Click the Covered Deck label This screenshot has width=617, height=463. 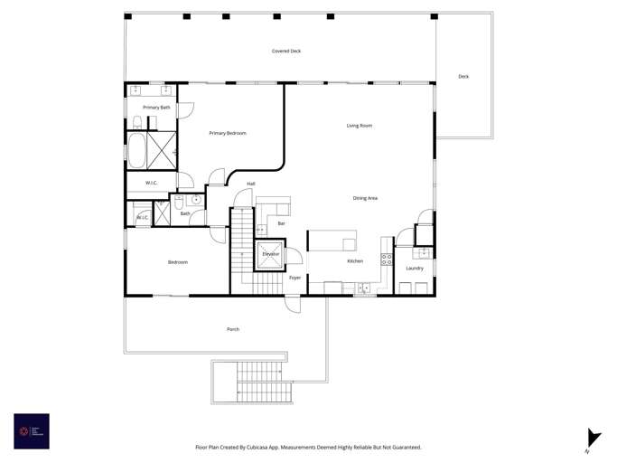click(x=286, y=52)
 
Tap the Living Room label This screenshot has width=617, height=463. click(x=359, y=126)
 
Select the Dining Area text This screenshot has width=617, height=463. click(x=365, y=198)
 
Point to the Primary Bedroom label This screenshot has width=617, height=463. click(x=228, y=133)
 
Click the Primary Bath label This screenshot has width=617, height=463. click(x=156, y=108)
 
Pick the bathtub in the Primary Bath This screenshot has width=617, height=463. click(x=136, y=151)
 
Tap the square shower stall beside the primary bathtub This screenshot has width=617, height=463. click(x=162, y=151)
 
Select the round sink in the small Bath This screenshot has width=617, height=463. click(x=196, y=200)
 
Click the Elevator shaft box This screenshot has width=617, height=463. click(x=271, y=254)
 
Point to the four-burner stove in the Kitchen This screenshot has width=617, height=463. click(x=387, y=260)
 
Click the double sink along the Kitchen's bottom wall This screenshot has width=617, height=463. click(x=364, y=288)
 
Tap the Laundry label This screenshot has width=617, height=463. click(x=415, y=269)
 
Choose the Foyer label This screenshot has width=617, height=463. click(x=294, y=278)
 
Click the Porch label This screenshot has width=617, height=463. click(x=233, y=329)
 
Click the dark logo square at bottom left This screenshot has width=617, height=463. click(x=32, y=431)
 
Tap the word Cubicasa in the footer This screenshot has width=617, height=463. click(x=260, y=447)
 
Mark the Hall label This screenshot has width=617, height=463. click(x=251, y=184)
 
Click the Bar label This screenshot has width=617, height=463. click(x=282, y=223)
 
